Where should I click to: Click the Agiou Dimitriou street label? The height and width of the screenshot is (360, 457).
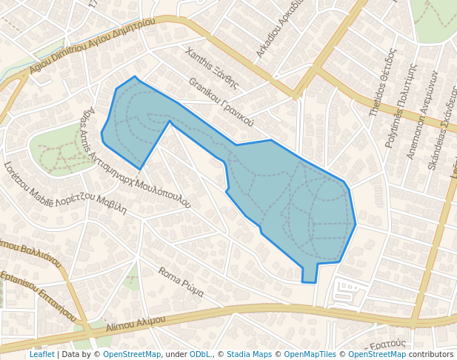(92, 46)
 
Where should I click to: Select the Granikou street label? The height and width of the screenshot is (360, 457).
(221, 102)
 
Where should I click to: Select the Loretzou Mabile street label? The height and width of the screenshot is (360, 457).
(65, 187)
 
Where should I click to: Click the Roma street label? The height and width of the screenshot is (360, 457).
(181, 281)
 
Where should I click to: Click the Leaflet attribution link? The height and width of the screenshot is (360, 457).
(41, 354)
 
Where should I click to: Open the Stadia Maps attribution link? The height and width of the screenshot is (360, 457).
(249, 354)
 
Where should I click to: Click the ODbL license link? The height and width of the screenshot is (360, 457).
(200, 354)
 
